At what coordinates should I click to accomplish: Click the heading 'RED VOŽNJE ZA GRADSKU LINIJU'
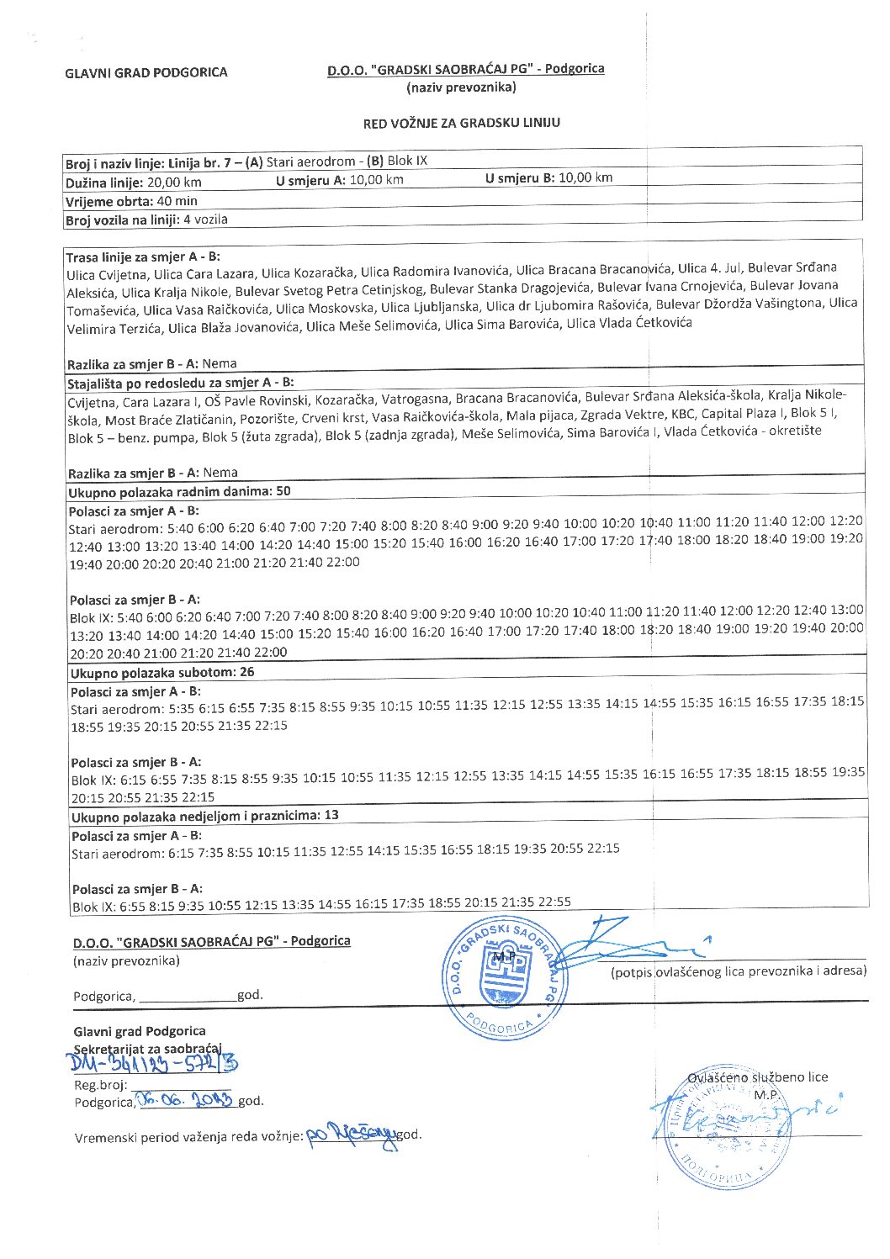pos(461,123)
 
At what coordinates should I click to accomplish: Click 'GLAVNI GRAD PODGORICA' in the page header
pos(146,72)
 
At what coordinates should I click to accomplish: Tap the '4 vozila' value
pos(205,220)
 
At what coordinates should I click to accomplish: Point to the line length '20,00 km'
pos(174,182)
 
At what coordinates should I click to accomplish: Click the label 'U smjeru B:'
pos(521,178)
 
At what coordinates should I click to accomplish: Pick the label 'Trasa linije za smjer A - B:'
pos(143,257)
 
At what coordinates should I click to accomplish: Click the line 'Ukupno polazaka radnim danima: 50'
pos(179,491)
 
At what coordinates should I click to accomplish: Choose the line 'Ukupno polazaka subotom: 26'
pos(162,672)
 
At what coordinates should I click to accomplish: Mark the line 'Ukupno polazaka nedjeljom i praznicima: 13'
pos(204,816)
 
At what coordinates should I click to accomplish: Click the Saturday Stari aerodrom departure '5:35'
pos(181,709)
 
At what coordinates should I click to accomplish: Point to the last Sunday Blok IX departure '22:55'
pos(554,902)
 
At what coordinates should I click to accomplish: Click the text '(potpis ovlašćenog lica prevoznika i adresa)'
pos(738,971)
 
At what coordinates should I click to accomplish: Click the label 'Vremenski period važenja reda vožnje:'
pos(188,1138)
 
